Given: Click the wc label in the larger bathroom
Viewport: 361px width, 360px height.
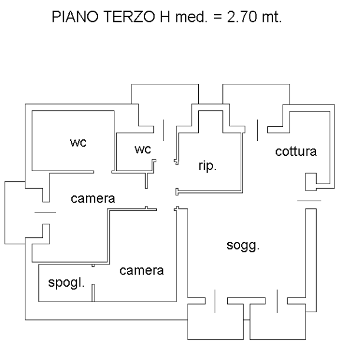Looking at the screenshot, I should [78, 143].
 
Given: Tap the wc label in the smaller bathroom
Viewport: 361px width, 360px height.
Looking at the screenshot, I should [143, 150].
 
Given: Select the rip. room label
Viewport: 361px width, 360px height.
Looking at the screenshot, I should [207, 166].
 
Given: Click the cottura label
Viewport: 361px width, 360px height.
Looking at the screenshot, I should [296, 152].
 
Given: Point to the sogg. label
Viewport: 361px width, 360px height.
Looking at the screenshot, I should [243, 245].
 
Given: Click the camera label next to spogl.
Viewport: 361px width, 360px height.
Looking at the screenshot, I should [141, 271].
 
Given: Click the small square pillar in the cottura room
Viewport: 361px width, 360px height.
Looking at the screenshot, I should [311, 182].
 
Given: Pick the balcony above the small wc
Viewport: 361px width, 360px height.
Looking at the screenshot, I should [164, 97].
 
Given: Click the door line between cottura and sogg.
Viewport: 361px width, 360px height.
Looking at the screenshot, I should [309, 202].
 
